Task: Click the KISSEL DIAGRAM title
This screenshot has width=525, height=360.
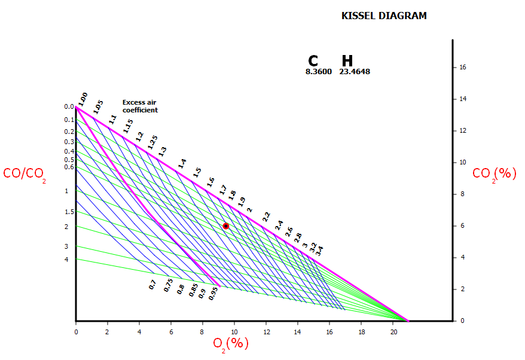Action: point(384,16)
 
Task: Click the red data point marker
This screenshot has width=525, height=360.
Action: point(226,226)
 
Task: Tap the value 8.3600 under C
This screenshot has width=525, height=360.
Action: point(318,72)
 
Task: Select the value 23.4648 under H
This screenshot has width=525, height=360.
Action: point(355,72)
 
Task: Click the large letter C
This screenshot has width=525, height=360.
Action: point(313,61)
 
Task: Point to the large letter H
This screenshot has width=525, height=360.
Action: point(347,61)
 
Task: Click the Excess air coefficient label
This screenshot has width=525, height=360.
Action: point(140,106)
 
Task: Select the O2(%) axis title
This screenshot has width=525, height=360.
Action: point(231,344)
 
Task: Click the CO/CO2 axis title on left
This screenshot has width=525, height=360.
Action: point(25,174)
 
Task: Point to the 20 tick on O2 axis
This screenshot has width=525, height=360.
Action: point(393,331)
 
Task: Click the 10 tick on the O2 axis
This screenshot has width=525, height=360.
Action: point(234,331)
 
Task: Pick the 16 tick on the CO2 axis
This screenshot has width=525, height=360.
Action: point(462,68)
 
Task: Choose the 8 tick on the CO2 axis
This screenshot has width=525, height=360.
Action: point(462,194)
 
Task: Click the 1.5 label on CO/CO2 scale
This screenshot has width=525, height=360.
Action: point(69,212)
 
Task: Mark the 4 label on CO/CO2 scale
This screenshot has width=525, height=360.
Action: point(66,260)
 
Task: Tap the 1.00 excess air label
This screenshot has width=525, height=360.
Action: point(83,99)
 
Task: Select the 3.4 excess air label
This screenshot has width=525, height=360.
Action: point(320,250)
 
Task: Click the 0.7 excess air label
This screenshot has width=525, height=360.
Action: point(152,285)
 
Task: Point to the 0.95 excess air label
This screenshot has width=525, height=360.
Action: point(213,294)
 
